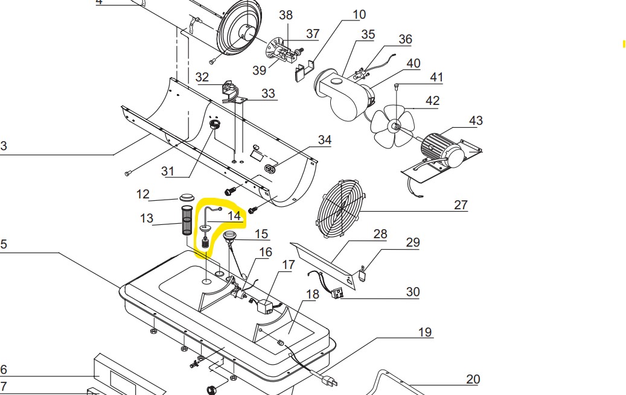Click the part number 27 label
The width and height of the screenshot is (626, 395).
tap(461, 205)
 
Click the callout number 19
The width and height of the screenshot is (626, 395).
tap(425, 332)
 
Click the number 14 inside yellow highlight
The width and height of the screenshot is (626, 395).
tap(234, 215)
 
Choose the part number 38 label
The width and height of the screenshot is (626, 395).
tap(286, 14)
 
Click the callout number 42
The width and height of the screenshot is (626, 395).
tap(432, 101)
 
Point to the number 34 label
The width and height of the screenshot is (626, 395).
tap(325, 140)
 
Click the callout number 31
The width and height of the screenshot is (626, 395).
tap(168, 171)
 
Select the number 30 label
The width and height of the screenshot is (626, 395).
tap(412, 292)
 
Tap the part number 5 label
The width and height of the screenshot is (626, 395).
tap(4, 244)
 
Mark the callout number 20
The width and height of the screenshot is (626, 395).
tap(473, 379)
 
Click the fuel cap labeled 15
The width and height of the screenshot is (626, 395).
tap(229, 236)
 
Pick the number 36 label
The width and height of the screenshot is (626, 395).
tap(405, 39)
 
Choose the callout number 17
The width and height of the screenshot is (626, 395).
tap(288, 265)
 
